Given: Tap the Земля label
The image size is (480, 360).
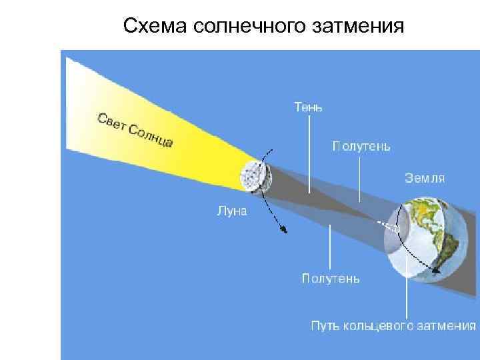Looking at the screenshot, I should (425, 178).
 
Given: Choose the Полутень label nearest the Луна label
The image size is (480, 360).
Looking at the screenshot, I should (331, 279).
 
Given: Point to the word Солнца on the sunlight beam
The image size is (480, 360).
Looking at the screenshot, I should (152, 137).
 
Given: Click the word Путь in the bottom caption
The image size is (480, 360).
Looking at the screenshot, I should (326, 325).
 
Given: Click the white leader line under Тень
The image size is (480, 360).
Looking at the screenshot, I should (309, 153).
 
